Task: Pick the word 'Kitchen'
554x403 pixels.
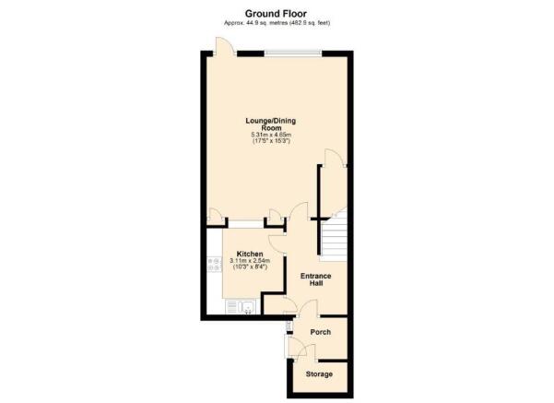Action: (x=250, y=255)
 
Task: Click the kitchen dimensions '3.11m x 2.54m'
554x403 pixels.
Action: (x=250, y=262)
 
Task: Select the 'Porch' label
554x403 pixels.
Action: (x=320, y=332)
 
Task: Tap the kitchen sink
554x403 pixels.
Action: (x=245, y=308)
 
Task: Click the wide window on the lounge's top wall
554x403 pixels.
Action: (x=293, y=53)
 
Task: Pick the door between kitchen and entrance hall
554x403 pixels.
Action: (x=274, y=240)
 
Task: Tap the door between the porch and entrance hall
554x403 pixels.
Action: (x=289, y=309)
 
